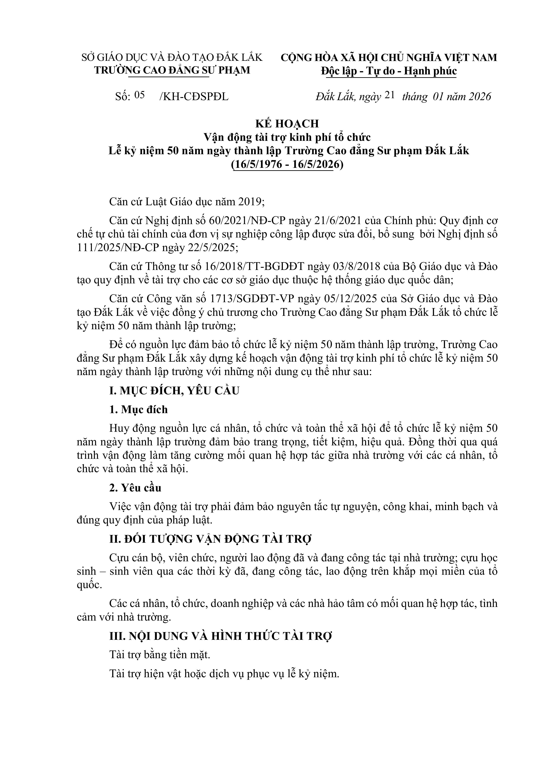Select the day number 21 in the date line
[390, 95]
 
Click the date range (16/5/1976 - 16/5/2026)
[287, 164]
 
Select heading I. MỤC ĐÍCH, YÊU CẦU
[174, 390]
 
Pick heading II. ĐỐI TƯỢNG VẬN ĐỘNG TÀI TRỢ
[211, 539]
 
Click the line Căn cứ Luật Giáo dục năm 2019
[187, 202]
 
